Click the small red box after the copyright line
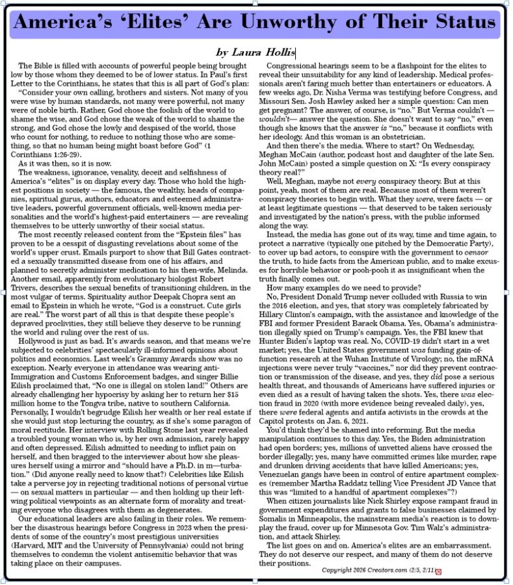coord(438,571)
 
